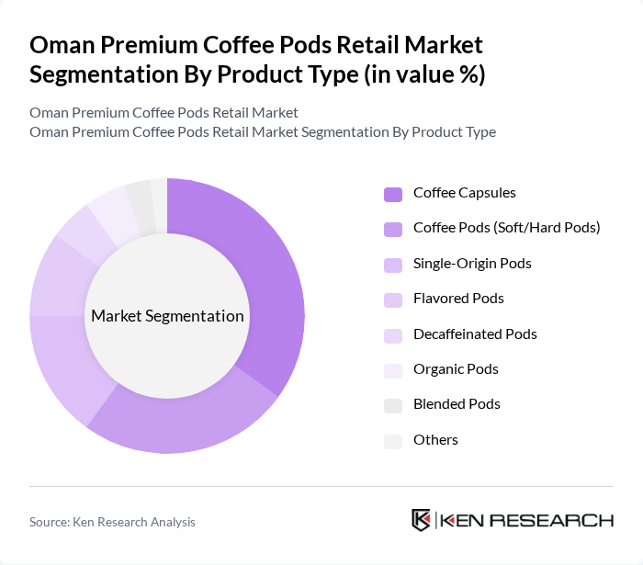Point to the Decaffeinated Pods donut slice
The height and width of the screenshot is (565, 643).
(81, 231)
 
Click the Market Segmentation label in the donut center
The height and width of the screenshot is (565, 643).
(167, 316)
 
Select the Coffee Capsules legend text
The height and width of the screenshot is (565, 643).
(464, 193)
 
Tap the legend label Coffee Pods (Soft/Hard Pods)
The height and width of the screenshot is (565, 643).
(506, 227)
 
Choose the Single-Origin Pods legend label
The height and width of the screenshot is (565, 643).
(472, 264)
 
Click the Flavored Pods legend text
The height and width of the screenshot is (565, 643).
(458, 299)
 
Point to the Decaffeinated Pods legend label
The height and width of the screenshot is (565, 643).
(475, 333)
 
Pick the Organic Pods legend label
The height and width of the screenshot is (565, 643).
(456, 369)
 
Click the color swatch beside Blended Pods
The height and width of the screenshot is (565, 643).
(393, 405)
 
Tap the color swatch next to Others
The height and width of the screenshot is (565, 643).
(393, 441)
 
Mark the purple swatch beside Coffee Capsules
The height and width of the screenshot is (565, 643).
(393, 194)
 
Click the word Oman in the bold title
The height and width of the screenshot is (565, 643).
(61, 45)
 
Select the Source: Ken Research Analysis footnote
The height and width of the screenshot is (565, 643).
(112, 522)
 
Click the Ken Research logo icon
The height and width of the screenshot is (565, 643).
(421, 520)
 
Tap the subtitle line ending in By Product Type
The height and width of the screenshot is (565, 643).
(263, 131)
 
